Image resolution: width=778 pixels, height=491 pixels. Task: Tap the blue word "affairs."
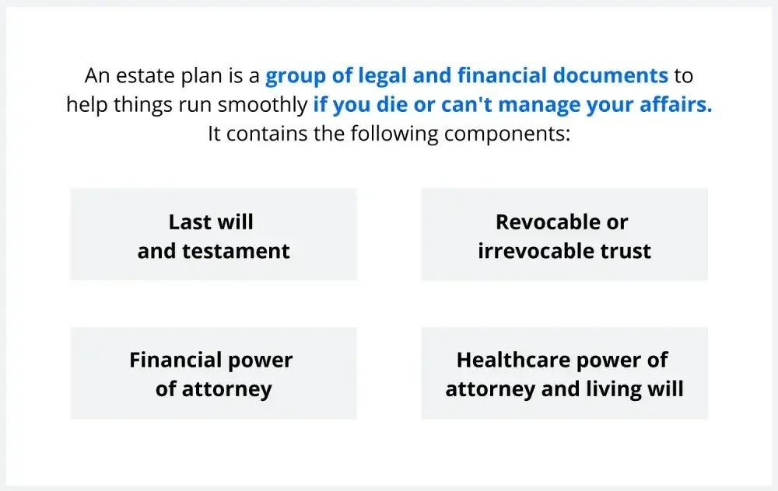(x=678, y=105)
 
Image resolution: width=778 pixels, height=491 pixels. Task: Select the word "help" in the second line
(x=86, y=105)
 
